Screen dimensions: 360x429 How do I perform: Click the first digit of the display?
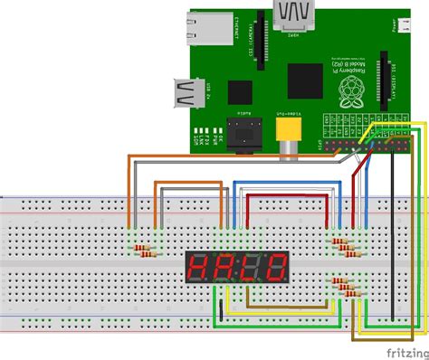coord(195,267)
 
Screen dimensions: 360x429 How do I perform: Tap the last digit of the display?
coord(274,267)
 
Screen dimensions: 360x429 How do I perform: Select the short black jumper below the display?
coord(217,308)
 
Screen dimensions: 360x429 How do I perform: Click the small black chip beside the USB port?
coord(241,91)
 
